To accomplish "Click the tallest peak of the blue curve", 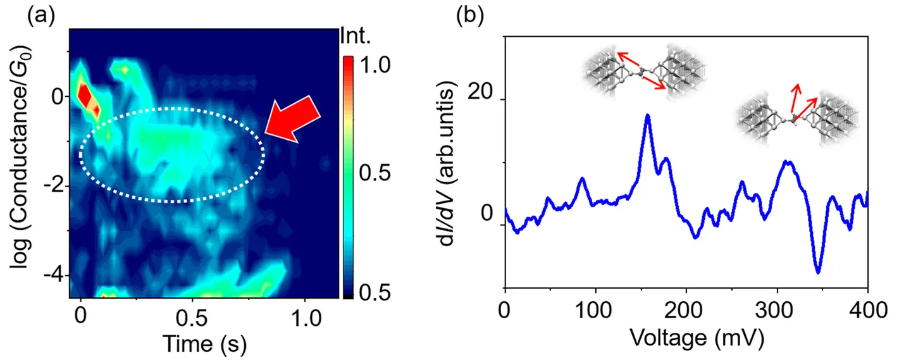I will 647,115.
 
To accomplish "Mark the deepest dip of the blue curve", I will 818,273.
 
